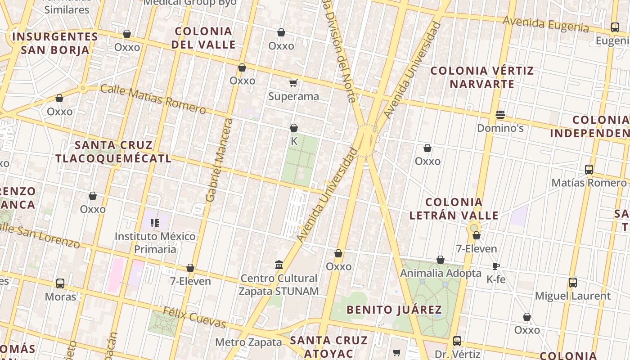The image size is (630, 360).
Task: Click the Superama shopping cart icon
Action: pos(293,83)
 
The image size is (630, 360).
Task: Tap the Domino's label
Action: pos(500,128)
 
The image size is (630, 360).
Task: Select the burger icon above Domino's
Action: pos(500,114)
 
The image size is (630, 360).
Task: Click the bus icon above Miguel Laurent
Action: pos(572,283)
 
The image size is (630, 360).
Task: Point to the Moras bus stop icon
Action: pos(60,283)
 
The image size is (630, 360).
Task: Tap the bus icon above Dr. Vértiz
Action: pos(457,341)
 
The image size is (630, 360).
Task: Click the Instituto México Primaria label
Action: pos(155,243)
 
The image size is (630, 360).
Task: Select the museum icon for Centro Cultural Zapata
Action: pos(279,265)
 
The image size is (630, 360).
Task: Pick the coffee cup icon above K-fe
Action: pos(496,266)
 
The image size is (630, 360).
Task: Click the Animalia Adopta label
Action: pos(441,273)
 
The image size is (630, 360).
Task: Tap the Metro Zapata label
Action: pos(248,342)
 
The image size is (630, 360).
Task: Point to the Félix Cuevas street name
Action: pos(194,317)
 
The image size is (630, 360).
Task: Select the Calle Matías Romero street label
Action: pos(153,99)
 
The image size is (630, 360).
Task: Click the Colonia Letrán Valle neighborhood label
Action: pos(454,209)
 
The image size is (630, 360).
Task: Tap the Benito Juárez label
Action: pos(394,310)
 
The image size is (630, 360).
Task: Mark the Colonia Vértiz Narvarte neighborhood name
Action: pos(482,77)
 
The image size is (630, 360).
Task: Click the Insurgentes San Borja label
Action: pos(55,43)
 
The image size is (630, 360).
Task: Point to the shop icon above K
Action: pos(294,128)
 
